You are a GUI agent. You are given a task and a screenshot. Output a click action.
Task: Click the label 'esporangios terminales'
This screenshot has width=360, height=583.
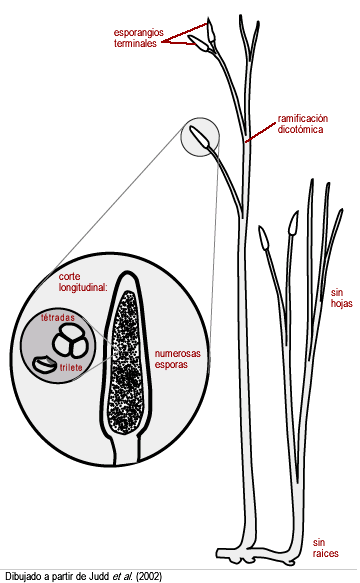(x=138, y=38)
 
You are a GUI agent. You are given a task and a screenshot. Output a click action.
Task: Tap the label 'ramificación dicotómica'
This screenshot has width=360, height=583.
(x=303, y=124)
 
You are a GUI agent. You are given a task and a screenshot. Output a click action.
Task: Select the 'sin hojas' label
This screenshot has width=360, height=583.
(x=341, y=298)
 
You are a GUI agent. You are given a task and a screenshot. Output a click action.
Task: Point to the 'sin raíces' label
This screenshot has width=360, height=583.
(x=325, y=548)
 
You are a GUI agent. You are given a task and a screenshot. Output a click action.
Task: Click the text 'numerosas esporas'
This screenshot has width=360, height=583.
(x=177, y=359)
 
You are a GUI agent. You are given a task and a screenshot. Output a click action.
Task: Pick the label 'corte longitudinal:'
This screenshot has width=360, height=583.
(x=83, y=282)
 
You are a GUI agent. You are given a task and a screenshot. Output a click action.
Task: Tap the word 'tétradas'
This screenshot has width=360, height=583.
(x=58, y=318)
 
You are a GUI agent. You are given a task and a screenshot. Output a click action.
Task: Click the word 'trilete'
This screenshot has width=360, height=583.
(x=71, y=367)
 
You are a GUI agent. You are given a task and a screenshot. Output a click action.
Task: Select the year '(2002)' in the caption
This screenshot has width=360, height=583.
(x=149, y=577)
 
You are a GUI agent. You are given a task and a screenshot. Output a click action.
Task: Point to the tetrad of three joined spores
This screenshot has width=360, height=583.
(x=70, y=340)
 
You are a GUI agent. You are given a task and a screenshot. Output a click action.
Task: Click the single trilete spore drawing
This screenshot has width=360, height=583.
(x=44, y=365)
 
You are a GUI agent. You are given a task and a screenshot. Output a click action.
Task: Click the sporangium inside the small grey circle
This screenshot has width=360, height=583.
(x=200, y=136)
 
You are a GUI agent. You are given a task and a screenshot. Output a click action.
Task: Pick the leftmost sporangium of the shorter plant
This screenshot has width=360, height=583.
(x=264, y=238)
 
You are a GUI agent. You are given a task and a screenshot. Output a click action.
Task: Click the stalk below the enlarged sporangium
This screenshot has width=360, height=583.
(x=126, y=450)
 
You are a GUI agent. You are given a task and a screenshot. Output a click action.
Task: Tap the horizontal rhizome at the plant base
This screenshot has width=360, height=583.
(x=257, y=555)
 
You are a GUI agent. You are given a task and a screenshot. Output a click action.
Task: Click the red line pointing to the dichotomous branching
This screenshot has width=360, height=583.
(x=261, y=133)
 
